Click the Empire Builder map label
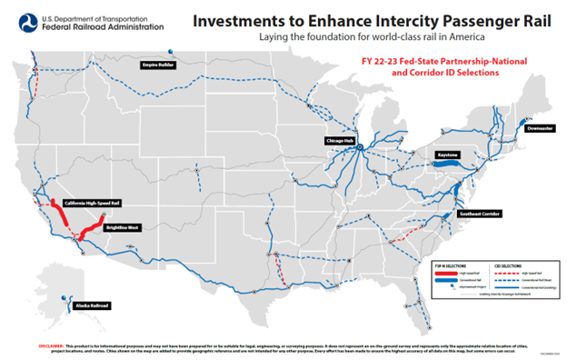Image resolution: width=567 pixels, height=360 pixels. pos(156,65)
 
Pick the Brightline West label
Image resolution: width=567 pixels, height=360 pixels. pos(121,227)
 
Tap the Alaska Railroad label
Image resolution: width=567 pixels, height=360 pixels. pos(91,306)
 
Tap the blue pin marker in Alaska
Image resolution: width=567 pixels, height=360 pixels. pos(64,296)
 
